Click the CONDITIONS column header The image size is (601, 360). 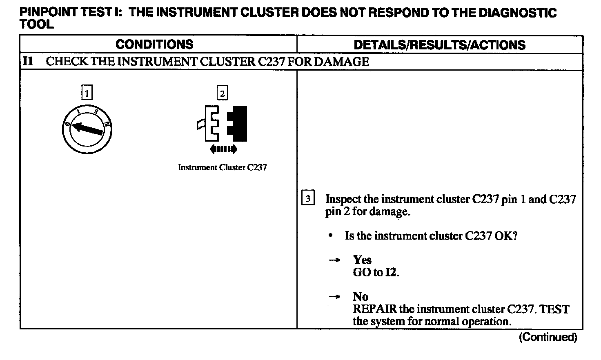(154, 44)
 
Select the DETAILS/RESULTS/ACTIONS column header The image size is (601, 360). (439, 44)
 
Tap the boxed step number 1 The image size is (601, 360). (87, 93)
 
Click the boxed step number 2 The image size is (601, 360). (222, 93)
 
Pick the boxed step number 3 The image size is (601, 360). (308, 199)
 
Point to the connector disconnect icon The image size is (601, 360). (223, 123)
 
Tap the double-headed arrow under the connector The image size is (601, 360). (223, 149)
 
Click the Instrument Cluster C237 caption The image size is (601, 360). (222, 167)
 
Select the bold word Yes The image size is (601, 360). (362, 260)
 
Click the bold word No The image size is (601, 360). (361, 296)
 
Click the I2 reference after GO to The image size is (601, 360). (391, 272)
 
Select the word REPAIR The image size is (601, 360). (374, 309)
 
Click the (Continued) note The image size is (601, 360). (548, 337)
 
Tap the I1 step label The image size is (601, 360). (28, 62)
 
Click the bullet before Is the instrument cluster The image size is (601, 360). (330, 236)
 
